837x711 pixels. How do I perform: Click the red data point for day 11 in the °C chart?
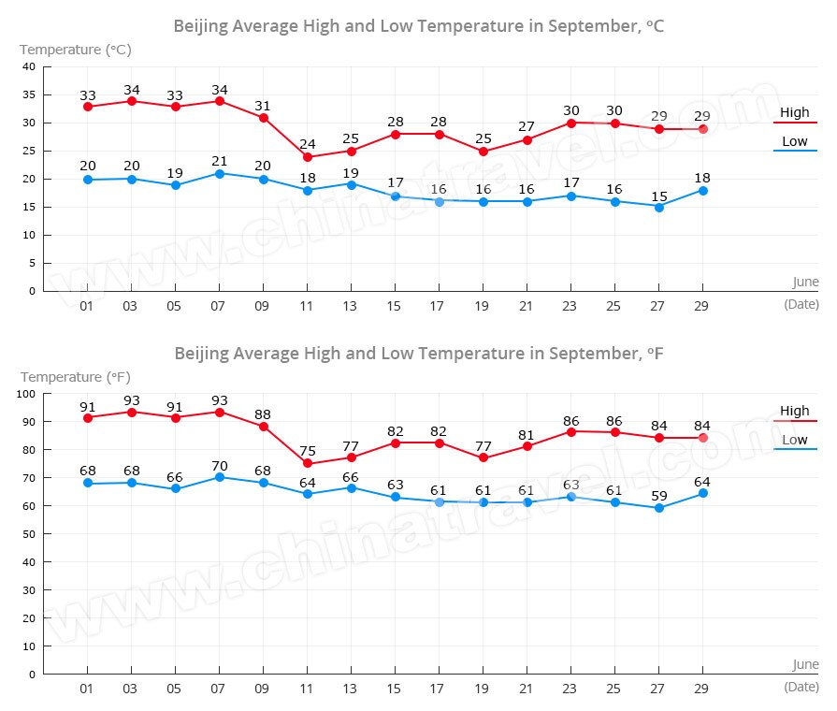pyautogui.click(x=307, y=157)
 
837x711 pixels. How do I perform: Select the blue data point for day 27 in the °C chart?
pyautogui.click(x=658, y=207)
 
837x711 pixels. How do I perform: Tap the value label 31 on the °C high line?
pyautogui.click(x=263, y=106)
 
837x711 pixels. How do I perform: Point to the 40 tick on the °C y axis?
pyautogui.click(x=29, y=66)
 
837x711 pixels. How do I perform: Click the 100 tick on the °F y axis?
pyautogui.click(x=26, y=394)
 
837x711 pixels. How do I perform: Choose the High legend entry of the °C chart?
pyautogui.click(x=795, y=113)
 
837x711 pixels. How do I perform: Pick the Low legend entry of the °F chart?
pyautogui.click(x=795, y=440)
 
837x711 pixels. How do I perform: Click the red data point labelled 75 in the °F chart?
pyautogui.click(x=307, y=463)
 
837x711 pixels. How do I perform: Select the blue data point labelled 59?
pyautogui.click(x=658, y=508)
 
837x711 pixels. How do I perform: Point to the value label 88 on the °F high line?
pyautogui.click(x=263, y=414)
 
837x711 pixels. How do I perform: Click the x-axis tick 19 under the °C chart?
pyautogui.click(x=483, y=305)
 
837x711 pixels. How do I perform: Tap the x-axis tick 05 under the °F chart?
pyautogui.click(x=175, y=688)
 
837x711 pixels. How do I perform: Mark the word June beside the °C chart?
pyautogui.click(x=804, y=282)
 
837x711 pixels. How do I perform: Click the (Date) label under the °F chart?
pyautogui.click(x=801, y=687)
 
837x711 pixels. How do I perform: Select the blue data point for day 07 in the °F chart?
pyautogui.click(x=219, y=477)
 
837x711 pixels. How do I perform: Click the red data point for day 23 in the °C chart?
pyautogui.click(x=570, y=123)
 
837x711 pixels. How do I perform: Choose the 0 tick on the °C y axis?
pyautogui.click(x=32, y=291)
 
